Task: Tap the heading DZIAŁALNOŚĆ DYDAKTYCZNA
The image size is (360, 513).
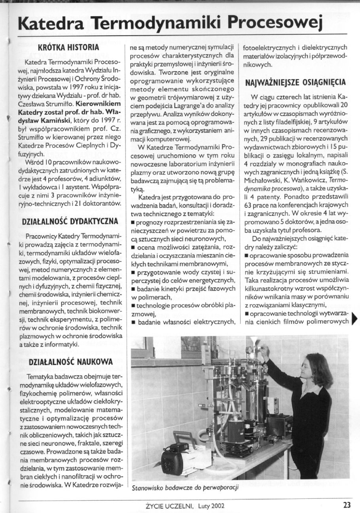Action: [x=68, y=221]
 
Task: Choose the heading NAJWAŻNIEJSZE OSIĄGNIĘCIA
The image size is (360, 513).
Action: [x=296, y=83]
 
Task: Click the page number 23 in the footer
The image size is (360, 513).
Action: [x=347, y=505]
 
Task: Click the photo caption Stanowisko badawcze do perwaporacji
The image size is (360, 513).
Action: [x=186, y=487]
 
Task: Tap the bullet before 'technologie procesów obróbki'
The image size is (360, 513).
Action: [x=134, y=305]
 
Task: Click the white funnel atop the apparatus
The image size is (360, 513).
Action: [x=253, y=340]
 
